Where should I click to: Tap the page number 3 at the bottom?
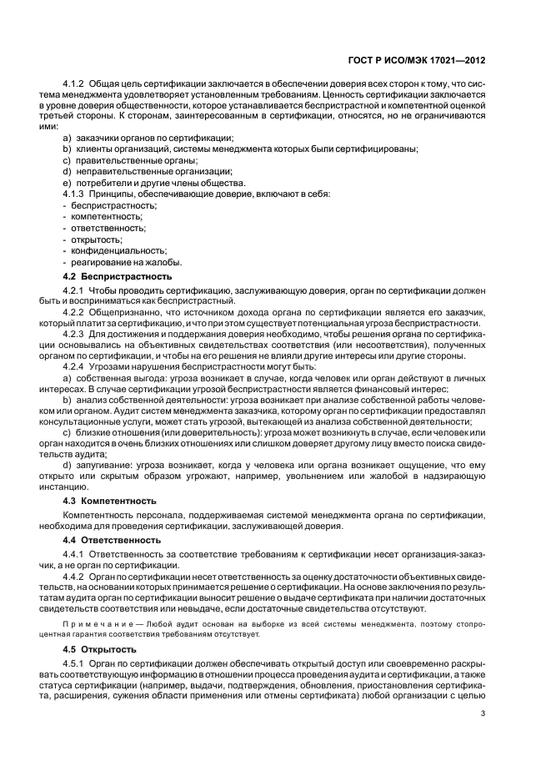coord(483,713)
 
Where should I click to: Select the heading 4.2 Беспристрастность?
coord(118,275)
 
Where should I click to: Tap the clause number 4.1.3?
coord(74,194)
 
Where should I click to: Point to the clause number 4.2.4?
coord(74,366)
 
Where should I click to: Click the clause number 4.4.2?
coord(74,577)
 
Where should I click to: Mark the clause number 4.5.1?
coord(74,663)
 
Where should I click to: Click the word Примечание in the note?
coord(93,624)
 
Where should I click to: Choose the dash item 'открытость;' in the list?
coord(97,239)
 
